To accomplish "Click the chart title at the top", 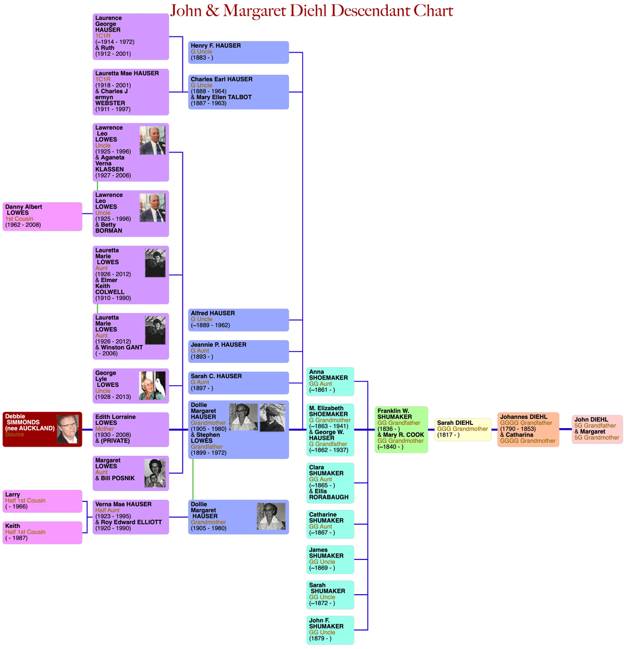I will click(x=311, y=11).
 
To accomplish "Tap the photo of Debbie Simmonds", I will click(x=68, y=429).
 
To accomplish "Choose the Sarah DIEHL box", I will click(x=463, y=429).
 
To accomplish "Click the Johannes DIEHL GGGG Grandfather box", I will click(x=527, y=429).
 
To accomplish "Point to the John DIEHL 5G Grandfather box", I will click(x=597, y=429).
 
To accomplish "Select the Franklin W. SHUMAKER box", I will click(x=401, y=429).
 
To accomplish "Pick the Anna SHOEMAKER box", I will click(x=330, y=381).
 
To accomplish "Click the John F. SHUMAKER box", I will click(x=330, y=629).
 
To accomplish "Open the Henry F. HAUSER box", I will click(x=238, y=52).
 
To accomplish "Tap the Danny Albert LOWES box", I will click(x=42, y=216).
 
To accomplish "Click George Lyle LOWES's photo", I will click(x=152, y=386).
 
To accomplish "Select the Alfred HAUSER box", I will click(x=238, y=320).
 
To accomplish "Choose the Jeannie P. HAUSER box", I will click(x=238, y=351).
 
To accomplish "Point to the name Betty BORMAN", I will click(x=109, y=228).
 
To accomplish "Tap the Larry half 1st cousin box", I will click(x=42, y=501).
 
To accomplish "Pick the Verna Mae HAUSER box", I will click(x=131, y=517).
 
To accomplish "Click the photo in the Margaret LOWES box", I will click(x=155, y=473).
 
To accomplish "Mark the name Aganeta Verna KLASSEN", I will click(x=110, y=163).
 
